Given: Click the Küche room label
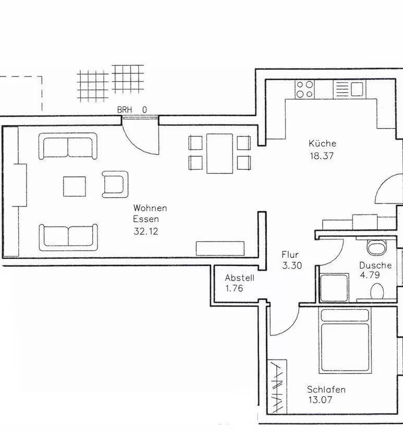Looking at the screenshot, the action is coord(322,143).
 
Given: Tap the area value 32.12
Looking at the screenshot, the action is coord(146,231).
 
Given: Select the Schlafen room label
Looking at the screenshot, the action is coord(326,389).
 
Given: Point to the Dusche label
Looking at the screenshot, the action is coord(375,265).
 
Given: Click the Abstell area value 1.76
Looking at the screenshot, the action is coord(234,288).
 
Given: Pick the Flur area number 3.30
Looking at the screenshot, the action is coord(292,265).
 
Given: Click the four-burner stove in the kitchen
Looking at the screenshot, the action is coord(304,89).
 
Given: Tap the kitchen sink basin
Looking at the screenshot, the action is coord(357,89).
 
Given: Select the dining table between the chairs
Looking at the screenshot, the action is coord(219,154).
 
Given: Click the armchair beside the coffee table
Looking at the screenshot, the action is coord(115,184).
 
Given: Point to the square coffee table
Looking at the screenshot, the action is coord(74,186).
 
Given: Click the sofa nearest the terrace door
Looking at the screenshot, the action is coord(68,146).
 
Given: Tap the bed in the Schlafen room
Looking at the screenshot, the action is coord(345,341).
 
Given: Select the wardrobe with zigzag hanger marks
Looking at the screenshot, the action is coord(277,387).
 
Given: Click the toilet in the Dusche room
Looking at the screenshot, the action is coord(376,247).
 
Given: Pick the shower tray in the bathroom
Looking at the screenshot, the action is coord(334,288).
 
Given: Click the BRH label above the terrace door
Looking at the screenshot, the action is coord(125,110).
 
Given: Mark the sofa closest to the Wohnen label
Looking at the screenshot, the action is coord(68,237).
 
